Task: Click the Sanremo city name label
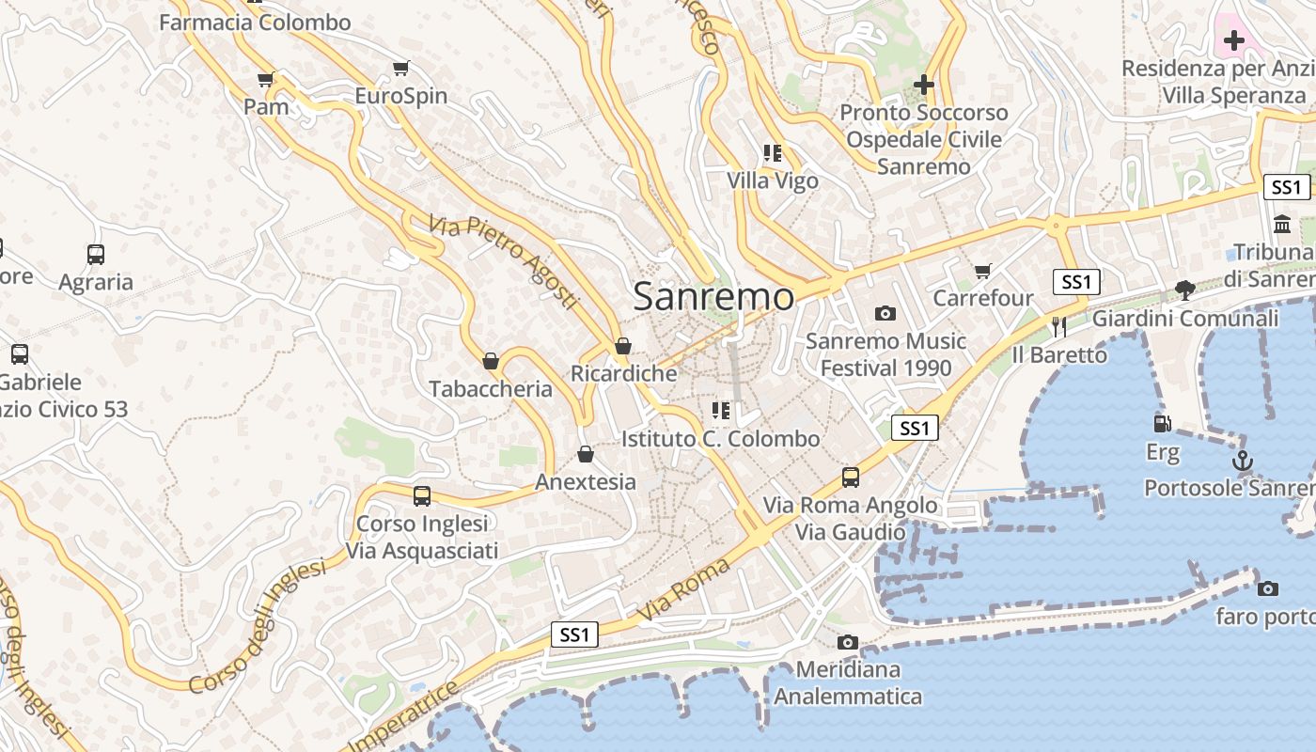[x=713, y=297]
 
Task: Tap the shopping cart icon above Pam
[x=266, y=79]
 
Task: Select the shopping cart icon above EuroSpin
[x=401, y=68]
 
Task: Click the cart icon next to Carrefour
[x=983, y=272]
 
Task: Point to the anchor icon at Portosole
[x=1243, y=461]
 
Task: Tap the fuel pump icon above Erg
[x=1163, y=424]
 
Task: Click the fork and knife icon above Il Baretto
[x=1059, y=326]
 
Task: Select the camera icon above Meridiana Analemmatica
[x=848, y=642]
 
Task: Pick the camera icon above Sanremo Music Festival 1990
[x=885, y=313]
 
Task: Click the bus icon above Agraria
[x=96, y=254]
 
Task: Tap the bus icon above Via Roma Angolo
[x=851, y=477]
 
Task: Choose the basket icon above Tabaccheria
[x=490, y=361]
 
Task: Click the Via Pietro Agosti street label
[x=503, y=262]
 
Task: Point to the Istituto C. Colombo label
[x=721, y=439]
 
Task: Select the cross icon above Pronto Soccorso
[x=924, y=85]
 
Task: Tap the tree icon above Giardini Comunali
[x=1185, y=290]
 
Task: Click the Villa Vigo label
[x=773, y=180]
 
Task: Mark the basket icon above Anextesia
[x=586, y=454]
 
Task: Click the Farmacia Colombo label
[x=255, y=23]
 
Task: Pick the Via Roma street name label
[x=683, y=589]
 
